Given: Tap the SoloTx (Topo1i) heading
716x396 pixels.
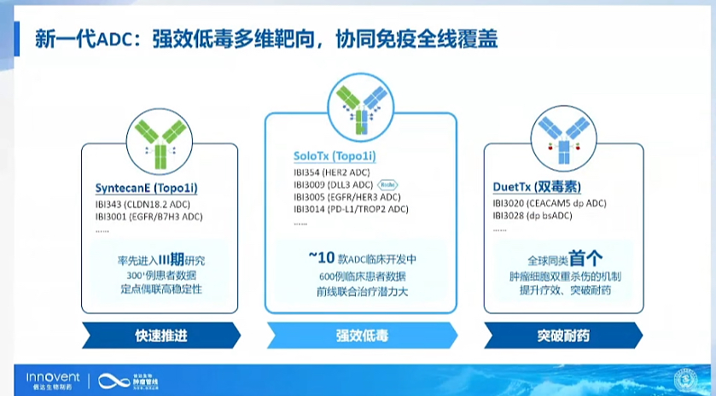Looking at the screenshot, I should [335, 156].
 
